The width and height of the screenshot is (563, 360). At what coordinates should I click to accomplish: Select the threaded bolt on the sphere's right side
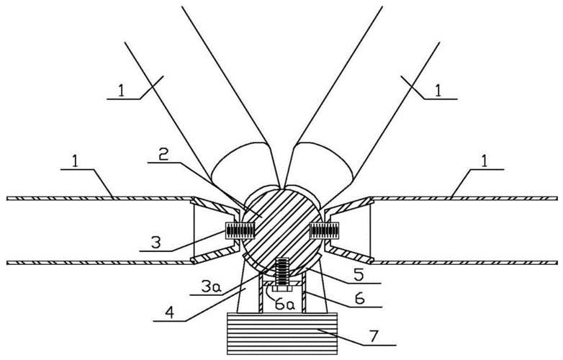pos(323,230)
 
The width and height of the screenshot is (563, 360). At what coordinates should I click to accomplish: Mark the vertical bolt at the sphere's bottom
pos(282,272)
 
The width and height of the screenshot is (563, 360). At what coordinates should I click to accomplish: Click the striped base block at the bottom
pos(282,333)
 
